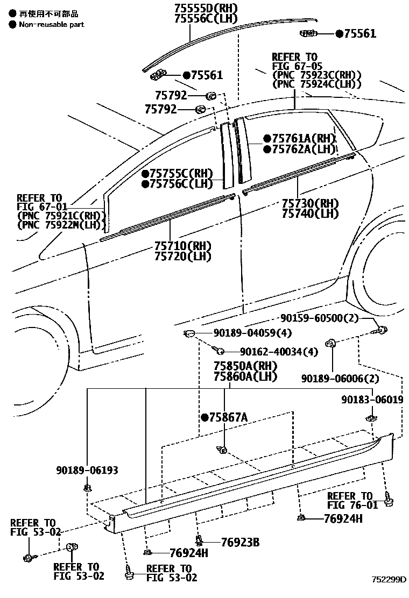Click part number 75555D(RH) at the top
click(206, 8)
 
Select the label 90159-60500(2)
click(319, 318)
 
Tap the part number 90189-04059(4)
click(252, 333)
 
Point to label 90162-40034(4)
click(279, 352)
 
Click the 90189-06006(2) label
click(340, 379)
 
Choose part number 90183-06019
click(372, 400)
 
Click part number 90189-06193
click(87, 470)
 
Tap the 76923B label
click(241, 542)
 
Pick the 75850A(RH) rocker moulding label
click(245, 366)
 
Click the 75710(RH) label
click(183, 246)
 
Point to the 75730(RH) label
click(310, 203)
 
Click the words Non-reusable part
click(52, 25)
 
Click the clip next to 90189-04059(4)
click(188, 334)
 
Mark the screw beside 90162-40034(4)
click(218, 350)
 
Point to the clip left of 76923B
click(199, 540)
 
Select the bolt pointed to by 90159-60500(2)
click(381, 331)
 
